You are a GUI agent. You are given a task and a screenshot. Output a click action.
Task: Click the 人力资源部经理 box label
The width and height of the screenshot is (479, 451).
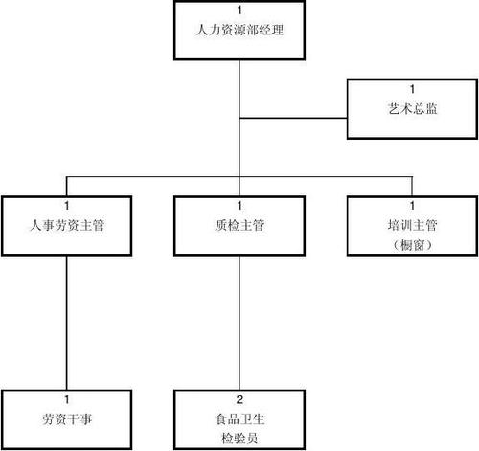tap(239, 31)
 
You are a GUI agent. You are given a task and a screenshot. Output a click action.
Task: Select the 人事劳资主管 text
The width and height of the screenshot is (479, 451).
tap(66, 226)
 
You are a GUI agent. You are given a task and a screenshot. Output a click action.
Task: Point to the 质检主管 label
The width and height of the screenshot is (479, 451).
tap(239, 226)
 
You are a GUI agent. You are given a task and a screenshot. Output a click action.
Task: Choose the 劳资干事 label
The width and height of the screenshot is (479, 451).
tap(66, 417)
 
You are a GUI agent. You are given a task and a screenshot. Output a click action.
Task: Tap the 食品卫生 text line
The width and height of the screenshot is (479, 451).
tap(239, 417)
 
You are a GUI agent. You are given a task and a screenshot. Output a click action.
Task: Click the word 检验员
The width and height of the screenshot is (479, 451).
tap(239, 436)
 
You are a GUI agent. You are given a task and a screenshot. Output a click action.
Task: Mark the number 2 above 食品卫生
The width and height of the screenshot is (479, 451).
tap(239, 398)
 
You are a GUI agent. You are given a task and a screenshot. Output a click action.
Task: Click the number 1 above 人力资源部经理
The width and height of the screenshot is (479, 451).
tap(239, 11)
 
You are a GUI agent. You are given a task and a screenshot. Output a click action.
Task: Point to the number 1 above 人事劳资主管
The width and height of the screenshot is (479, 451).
tap(66, 206)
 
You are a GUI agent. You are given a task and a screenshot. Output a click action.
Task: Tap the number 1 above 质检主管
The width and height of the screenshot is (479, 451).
tap(239, 206)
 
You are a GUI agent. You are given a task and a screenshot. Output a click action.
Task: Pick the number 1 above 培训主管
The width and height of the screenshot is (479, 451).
tap(413, 206)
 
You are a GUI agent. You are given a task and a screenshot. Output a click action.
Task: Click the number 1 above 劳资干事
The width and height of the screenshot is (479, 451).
tap(66, 398)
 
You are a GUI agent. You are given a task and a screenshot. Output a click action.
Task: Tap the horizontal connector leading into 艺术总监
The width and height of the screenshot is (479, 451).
tap(292, 119)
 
